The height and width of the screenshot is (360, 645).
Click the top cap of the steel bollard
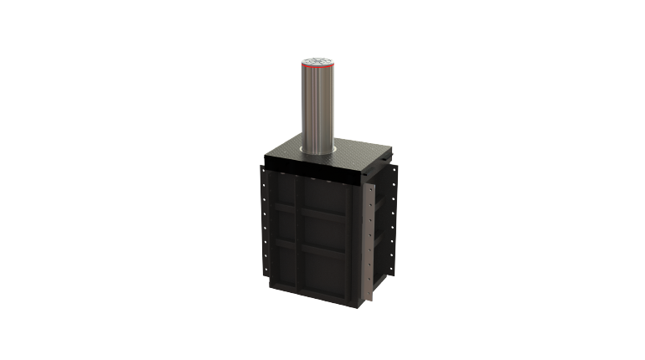317,59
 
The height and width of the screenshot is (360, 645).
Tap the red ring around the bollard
317,68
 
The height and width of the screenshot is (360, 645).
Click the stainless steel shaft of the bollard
317,109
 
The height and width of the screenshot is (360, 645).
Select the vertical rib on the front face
298,243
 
